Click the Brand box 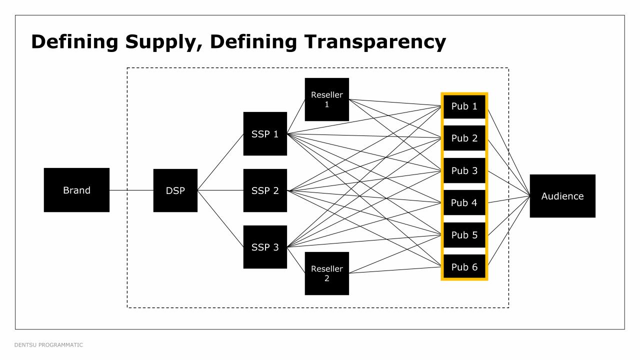click(76, 190)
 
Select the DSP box click(175, 190)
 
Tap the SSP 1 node click(265, 133)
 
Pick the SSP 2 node click(265, 190)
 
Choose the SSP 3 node click(265, 246)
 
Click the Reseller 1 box click(327, 99)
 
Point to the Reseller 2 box click(327, 273)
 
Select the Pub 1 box click(464, 106)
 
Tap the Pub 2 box click(464, 138)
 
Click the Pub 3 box click(464, 170)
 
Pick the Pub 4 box click(464, 202)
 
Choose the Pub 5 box click(464, 235)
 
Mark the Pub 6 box click(464, 267)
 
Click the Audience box click(562, 196)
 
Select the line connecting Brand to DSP click(131, 190)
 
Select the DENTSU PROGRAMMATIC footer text click(49, 345)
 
